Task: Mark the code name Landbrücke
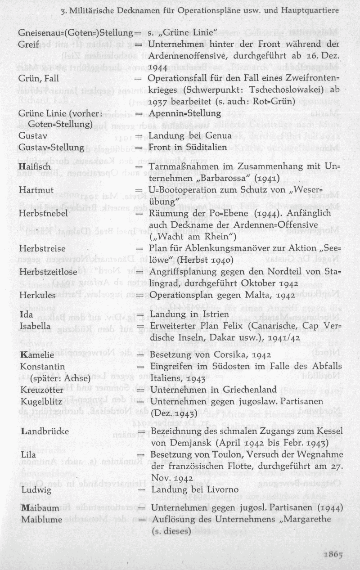pos(45,431)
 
